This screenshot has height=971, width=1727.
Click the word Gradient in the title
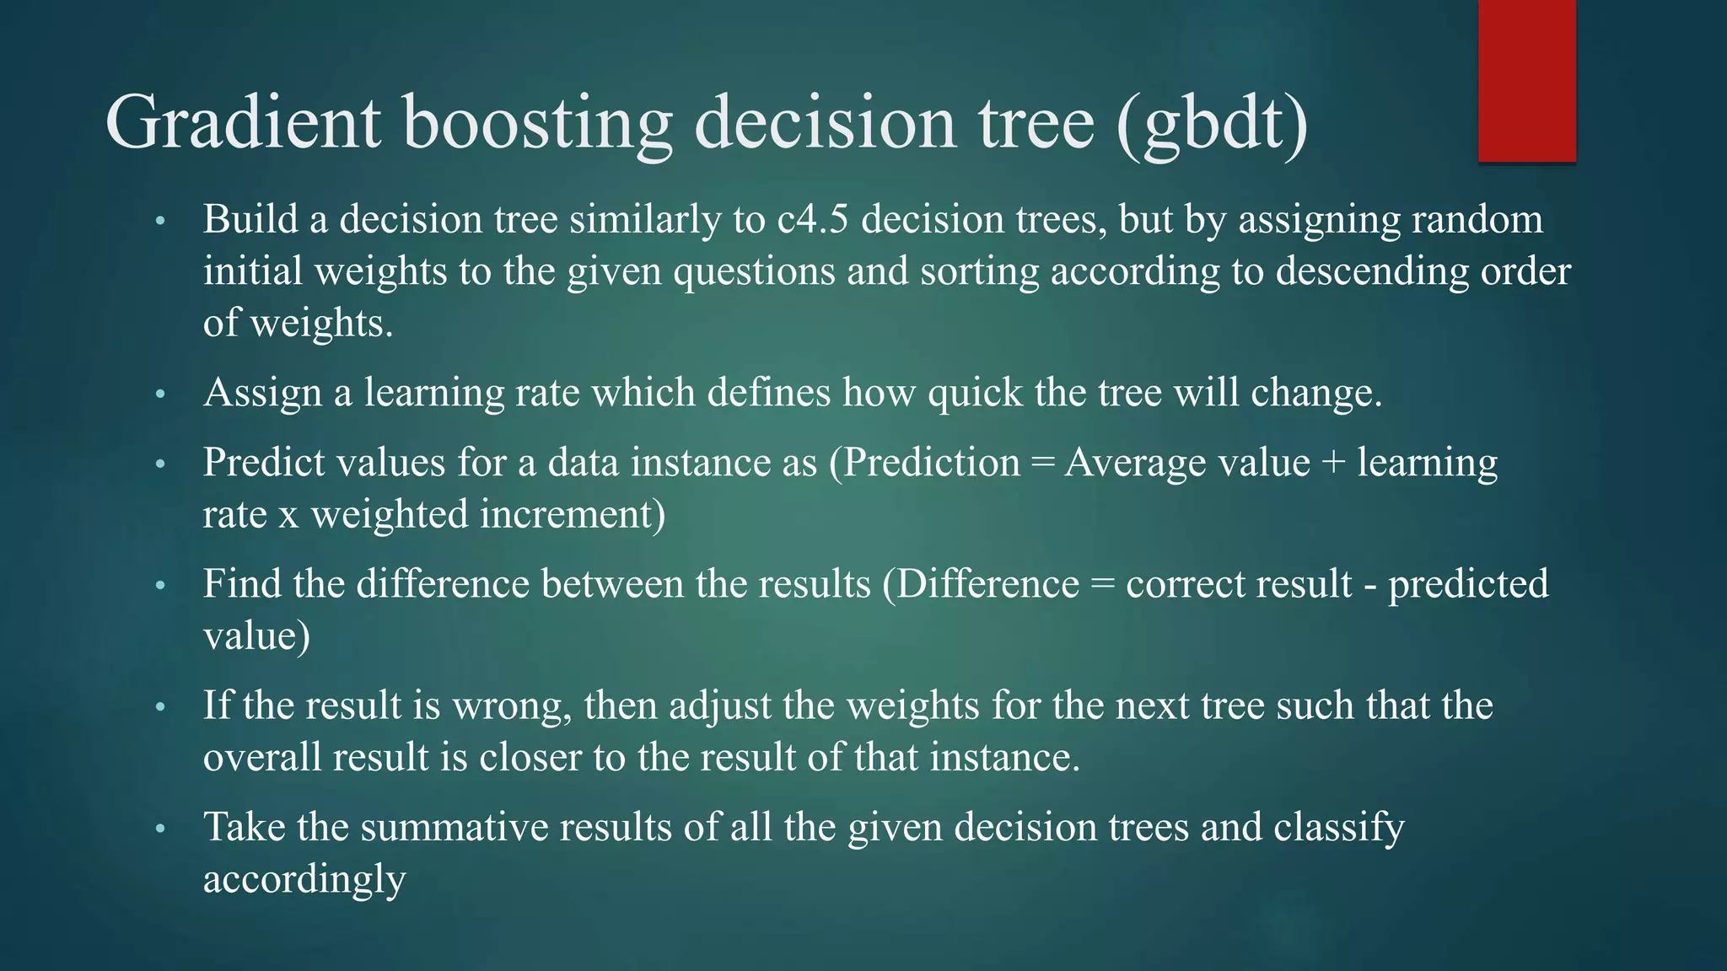coord(243,123)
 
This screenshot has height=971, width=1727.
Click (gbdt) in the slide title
coord(1212,123)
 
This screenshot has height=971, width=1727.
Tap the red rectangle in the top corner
coord(1526,81)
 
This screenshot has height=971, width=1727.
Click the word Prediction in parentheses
coord(931,464)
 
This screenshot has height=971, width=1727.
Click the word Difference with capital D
coord(987,585)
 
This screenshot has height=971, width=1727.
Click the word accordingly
coord(304,880)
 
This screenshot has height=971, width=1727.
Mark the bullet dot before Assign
coord(161,394)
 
